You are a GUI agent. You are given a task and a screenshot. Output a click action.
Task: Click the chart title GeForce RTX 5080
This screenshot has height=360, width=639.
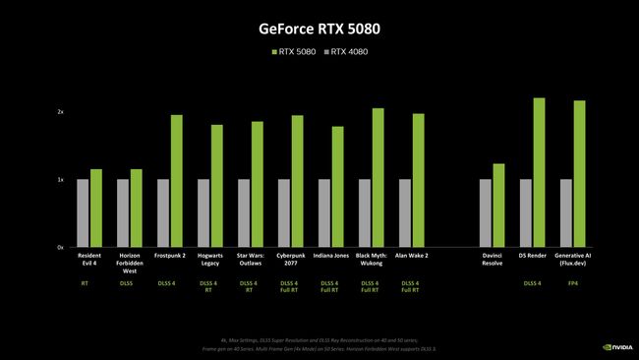[319, 29]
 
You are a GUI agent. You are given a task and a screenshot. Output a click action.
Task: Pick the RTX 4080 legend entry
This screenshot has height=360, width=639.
[350, 51]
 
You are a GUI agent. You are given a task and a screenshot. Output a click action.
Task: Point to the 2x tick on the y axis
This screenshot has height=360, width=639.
[61, 112]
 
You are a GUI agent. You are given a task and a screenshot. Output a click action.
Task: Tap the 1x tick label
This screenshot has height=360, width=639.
[61, 180]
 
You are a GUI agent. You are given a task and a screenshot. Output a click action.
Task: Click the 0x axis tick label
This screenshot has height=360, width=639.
[61, 247]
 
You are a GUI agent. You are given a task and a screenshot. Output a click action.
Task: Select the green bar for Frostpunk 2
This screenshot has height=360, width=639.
[176, 181]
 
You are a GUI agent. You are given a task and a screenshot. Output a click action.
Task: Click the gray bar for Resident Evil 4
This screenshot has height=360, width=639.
[83, 212]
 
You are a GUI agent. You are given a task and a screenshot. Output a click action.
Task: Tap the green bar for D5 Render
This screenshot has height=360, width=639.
[539, 172]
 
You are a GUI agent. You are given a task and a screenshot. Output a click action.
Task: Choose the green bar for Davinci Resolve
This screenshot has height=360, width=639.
[498, 205]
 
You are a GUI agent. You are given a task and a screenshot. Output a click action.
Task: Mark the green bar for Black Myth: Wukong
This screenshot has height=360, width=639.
[378, 177]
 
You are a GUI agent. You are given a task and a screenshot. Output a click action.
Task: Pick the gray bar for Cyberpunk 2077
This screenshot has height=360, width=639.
[284, 212]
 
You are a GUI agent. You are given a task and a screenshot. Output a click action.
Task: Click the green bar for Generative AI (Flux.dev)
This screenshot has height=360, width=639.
[579, 173]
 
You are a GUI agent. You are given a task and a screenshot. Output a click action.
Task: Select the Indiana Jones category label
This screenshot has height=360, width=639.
[331, 256]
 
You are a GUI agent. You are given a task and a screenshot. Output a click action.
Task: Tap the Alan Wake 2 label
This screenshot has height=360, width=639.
[412, 256]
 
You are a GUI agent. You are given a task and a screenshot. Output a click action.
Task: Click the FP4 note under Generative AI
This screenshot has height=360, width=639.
[573, 284]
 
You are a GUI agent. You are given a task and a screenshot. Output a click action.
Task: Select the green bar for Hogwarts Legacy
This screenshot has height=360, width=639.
[216, 186]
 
